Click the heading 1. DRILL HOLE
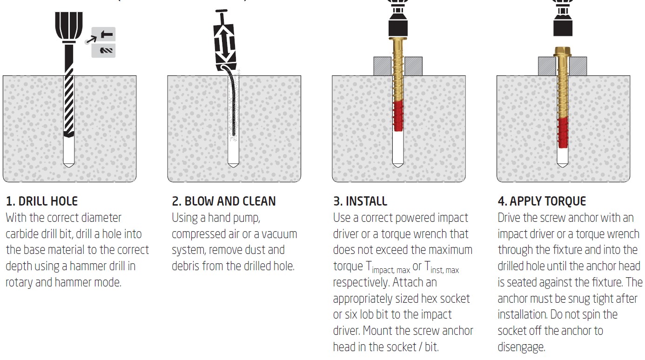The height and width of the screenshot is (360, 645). [42, 201]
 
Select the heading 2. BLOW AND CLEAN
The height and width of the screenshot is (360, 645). [224, 201]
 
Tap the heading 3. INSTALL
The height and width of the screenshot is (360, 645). [360, 201]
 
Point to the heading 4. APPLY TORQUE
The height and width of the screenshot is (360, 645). [542, 201]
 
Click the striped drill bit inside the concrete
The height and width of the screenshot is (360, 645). [69, 102]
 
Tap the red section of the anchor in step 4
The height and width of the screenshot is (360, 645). [563, 133]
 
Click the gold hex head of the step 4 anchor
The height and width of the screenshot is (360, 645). [563, 51]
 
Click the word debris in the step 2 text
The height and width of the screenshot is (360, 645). [188, 267]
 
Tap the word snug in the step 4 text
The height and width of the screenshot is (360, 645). [569, 299]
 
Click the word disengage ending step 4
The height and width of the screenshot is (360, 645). [521, 347]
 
